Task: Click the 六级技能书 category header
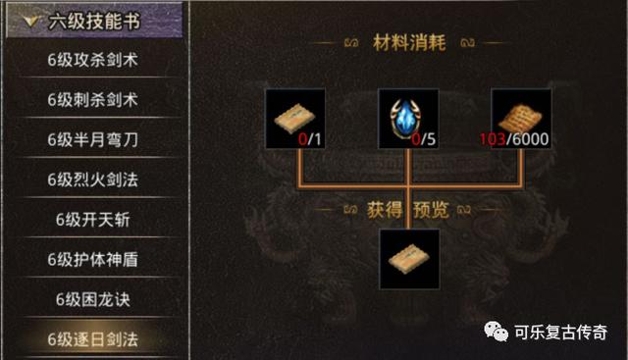93,19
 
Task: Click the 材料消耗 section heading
408,43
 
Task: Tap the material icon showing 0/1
295,118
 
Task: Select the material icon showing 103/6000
521,118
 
